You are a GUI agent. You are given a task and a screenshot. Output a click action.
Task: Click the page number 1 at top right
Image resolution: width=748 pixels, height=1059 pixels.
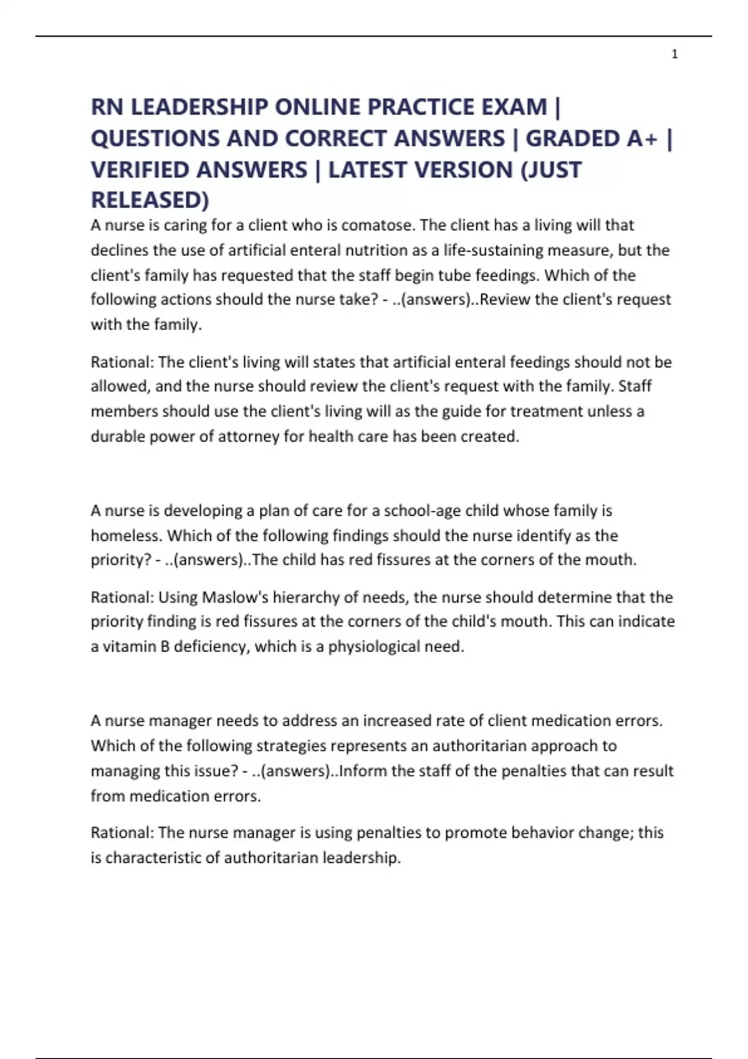pos(674,55)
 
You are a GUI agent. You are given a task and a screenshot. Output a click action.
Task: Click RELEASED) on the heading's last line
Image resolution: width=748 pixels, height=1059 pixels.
pos(150,200)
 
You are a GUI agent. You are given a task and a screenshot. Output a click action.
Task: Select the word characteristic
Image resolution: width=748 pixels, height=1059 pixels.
pos(152,858)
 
